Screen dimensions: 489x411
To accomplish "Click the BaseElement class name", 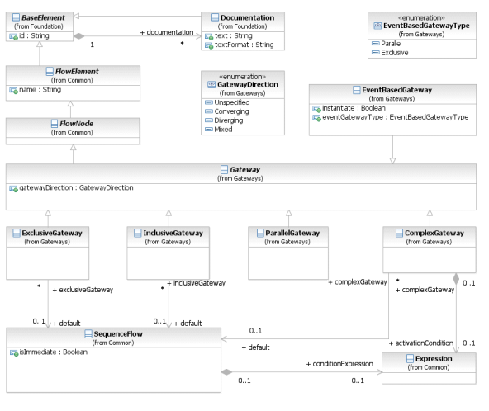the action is coord(43,18).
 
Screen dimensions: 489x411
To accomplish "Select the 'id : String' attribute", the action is coord(34,35).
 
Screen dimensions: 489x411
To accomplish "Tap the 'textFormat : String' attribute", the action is coord(244,45).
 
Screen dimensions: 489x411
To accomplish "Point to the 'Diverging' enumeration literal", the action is coord(229,120).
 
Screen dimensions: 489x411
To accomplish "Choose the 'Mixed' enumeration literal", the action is coord(223,130).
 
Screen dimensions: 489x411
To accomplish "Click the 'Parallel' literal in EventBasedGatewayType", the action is coord(391,44).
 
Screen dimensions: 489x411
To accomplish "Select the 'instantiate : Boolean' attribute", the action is coord(354,108).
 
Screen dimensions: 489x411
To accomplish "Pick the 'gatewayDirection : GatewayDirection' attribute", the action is coord(76,188).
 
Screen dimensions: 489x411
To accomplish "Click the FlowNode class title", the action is coord(76,124).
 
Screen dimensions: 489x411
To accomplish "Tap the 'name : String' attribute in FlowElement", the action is coord(40,90).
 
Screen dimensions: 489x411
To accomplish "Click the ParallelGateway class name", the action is coord(292,233).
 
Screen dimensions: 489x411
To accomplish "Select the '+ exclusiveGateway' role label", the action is coord(83,290).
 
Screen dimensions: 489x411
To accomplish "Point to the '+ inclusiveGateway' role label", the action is coord(196,283).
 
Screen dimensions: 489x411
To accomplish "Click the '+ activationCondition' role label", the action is coord(421,343).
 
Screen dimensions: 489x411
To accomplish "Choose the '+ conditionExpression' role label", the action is coord(339,364).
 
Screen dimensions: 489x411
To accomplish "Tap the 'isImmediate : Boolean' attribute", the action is coord(54,352).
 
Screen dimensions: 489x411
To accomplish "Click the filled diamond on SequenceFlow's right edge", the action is coord(226,371).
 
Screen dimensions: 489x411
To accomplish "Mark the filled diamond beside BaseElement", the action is coord(79,36).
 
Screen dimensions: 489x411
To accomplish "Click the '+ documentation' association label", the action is coord(167,32).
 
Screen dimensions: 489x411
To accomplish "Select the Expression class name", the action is coord(434,359).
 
